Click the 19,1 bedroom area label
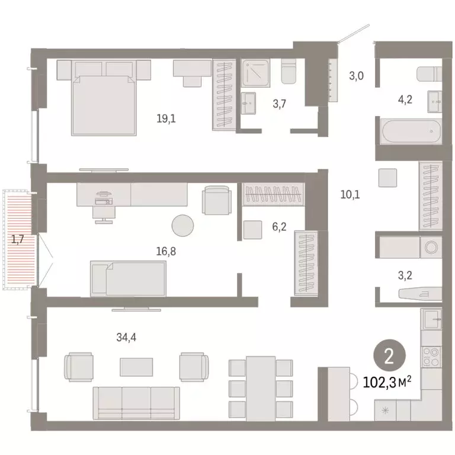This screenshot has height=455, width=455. pyautogui.click(x=166, y=118)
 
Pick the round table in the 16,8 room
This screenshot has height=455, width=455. pyautogui.click(x=182, y=225)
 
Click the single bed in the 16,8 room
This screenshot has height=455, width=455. pyautogui.click(x=128, y=278)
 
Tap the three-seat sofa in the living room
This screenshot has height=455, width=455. pyautogui.click(x=136, y=402)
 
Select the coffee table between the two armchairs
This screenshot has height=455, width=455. pyautogui.click(x=136, y=367)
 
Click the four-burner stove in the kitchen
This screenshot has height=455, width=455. pyautogui.click(x=431, y=355)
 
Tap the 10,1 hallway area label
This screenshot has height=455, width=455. pyautogui.click(x=351, y=194)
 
